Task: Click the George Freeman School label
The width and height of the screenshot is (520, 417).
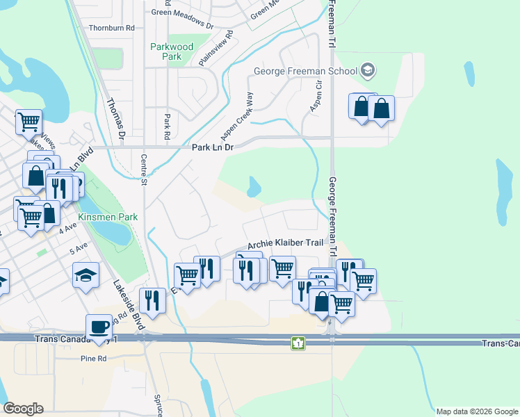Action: [305, 71]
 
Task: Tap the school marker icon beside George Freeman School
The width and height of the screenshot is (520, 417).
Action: [368, 70]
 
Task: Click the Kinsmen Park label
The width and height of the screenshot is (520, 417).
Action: [108, 218]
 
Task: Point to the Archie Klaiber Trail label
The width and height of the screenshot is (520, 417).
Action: [286, 244]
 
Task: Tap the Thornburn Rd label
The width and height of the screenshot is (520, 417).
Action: [111, 28]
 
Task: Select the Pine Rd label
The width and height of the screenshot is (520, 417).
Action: [92, 359]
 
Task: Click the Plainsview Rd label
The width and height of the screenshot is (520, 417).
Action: [214, 47]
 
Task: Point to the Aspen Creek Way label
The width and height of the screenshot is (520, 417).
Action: [236, 115]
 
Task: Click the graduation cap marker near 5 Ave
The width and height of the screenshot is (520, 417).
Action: [86, 275]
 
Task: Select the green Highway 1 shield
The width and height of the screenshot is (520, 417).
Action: [298, 343]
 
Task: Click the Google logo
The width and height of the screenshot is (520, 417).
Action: [23, 409]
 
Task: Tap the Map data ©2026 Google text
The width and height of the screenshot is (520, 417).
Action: [478, 411]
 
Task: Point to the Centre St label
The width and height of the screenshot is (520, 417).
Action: [145, 170]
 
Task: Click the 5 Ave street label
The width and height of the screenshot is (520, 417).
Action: [79, 247]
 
